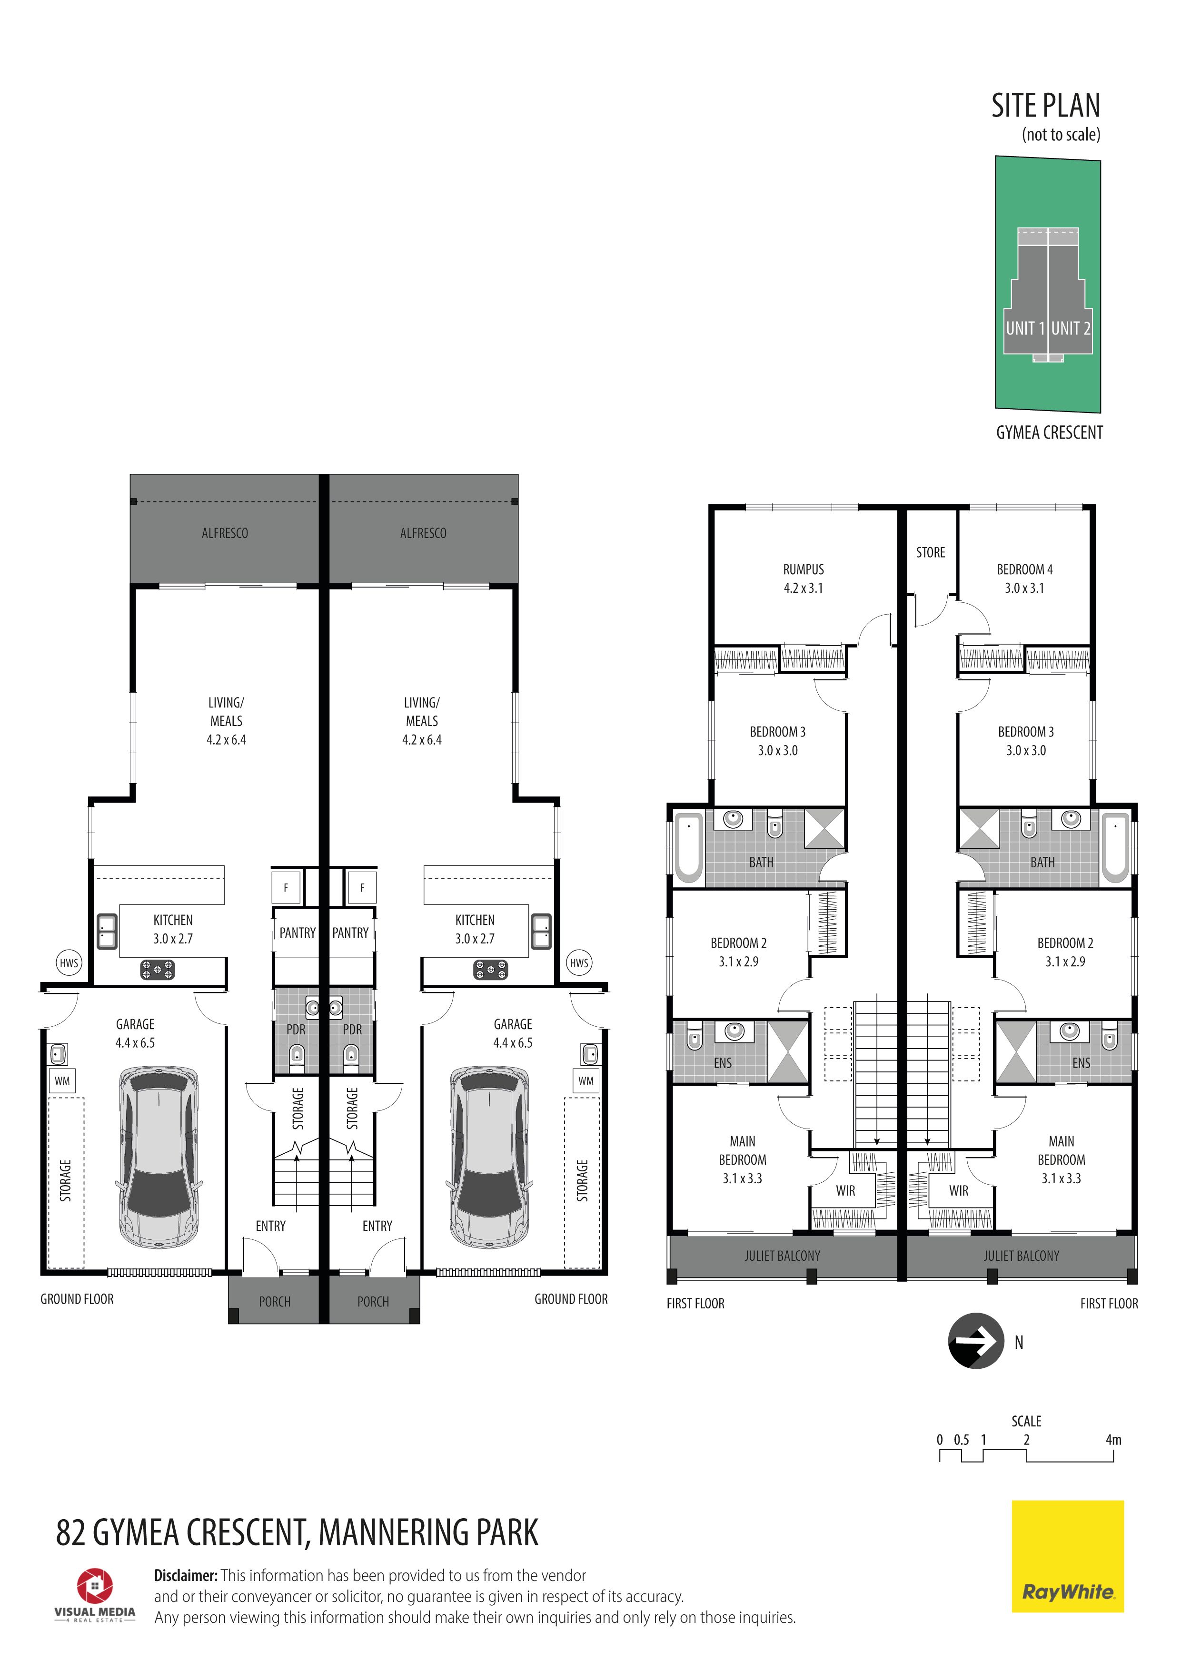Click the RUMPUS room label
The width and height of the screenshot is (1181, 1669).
point(803,569)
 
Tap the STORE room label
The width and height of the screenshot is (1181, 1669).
point(930,552)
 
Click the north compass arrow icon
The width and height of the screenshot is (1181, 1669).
point(976,1341)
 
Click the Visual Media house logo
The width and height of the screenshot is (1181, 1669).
point(95,1585)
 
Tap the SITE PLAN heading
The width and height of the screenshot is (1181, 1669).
point(1046,106)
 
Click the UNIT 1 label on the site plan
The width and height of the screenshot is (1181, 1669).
point(1025,329)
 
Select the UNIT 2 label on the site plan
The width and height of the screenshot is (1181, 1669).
point(1071,329)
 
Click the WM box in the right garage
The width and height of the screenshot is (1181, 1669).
point(586,1081)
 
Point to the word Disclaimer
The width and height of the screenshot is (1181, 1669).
point(186,1575)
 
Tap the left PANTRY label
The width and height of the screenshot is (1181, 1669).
point(298,933)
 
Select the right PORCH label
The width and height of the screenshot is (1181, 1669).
point(373,1302)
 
